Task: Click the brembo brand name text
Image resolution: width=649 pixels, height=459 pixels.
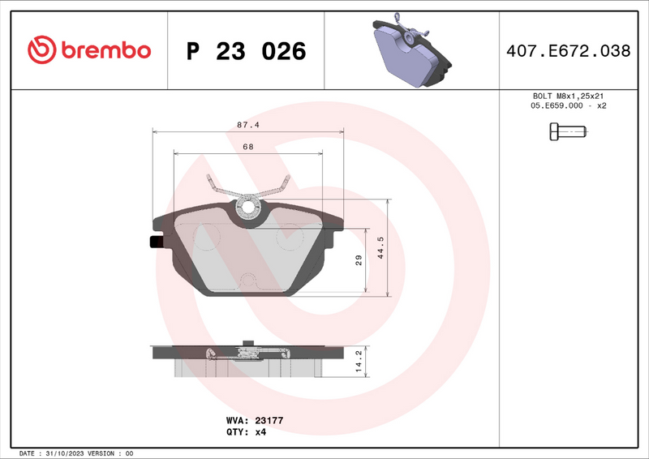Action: pyautogui.click(x=104, y=50)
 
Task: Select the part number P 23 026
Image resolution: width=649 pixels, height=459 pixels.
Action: pyautogui.click(x=247, y=51)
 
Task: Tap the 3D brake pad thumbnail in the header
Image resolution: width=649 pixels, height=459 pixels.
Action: pyautogui.click(x=410, y=50)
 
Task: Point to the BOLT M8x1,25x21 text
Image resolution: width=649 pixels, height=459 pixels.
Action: pyautogui.click(x=568, y=96)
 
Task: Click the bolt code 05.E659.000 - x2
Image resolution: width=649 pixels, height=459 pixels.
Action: pyautogui.click(x=568, y=106)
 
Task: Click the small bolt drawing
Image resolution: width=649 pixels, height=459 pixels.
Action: pyautogui.click(x=567, y=131)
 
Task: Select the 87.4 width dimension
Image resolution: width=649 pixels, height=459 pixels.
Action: pyautogui.click(x=247, y=125)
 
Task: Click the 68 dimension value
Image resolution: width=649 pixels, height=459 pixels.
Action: pyautogui.click(x=247, y=147)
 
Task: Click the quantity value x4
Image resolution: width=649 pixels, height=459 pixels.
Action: pyautogui.click(x=260, y=431)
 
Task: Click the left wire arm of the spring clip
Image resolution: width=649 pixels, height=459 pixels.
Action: pyautogui.click(x=219, y=186)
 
